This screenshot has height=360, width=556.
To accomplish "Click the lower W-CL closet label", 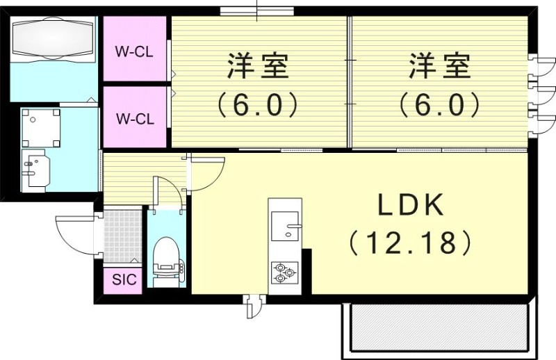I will (134, 117).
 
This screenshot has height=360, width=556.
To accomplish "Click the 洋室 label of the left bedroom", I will (258, 68).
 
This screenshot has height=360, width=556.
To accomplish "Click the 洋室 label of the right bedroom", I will (439, 68).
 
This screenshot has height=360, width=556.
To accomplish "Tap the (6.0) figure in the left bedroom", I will (258, 106).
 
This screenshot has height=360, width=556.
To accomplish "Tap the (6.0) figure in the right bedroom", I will (439, 106).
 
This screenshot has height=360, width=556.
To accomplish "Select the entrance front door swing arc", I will (73, 233).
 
